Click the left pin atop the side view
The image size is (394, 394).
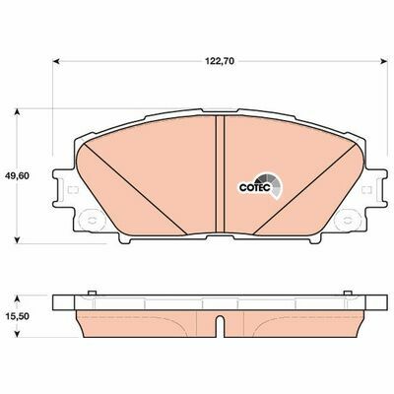pyautogui.click(x=90, y=292)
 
